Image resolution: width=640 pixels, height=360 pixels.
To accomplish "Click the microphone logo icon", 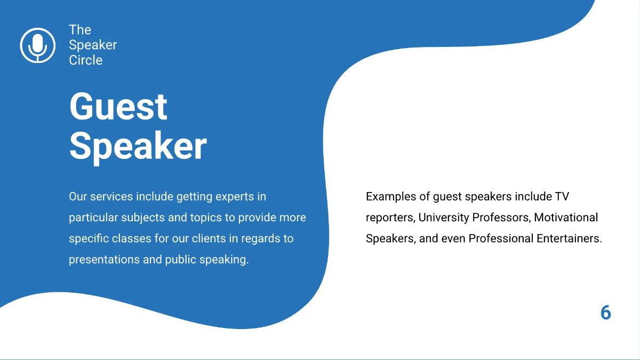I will tap(37, 45).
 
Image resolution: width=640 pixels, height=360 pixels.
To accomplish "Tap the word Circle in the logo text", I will tap(85, 60).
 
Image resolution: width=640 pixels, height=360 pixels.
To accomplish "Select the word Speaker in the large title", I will tap(138, 145).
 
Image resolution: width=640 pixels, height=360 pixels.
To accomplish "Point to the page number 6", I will tap(605, 313).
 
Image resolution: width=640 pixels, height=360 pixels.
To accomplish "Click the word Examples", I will tap(391, 197).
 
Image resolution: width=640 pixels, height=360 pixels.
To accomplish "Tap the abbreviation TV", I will tap(562, 197).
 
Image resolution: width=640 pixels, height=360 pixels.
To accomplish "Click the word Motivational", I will tap(566, 218).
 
